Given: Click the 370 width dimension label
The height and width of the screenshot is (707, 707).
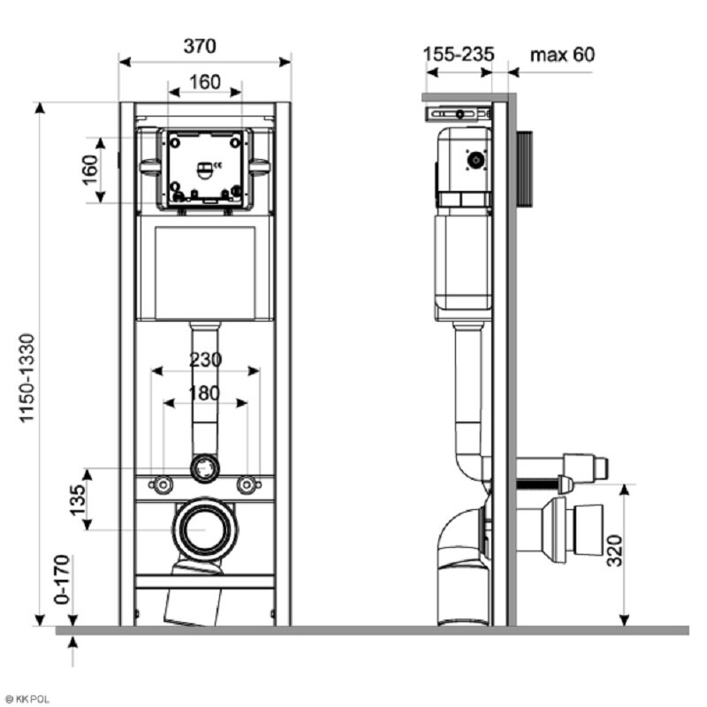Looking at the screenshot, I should click(x=200, y=46).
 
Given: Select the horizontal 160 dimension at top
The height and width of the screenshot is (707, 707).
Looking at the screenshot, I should click(x=204, y=82).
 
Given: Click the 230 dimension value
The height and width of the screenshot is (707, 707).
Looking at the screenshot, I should click(x=204, y=361).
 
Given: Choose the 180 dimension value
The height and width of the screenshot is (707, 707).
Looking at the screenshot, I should click(x=204, y=393).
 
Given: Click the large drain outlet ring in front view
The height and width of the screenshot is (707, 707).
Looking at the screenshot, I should click(x=205, y=528).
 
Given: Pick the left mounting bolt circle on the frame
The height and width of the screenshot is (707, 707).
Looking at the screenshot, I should click(x=163, y=484).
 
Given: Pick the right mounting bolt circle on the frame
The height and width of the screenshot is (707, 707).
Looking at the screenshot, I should click(x=247, y=484).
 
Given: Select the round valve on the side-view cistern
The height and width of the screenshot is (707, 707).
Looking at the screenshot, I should click(x=477, y=160).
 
